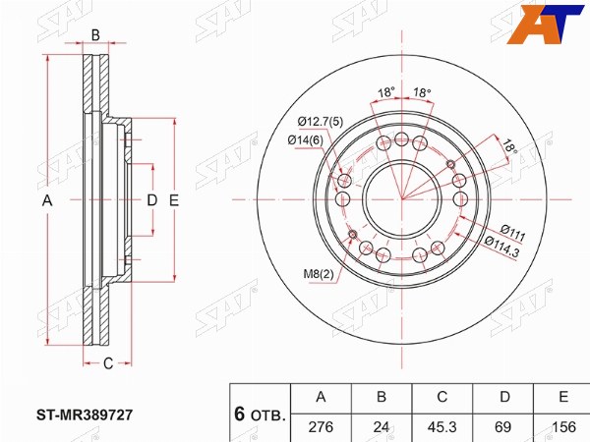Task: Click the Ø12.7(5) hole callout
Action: [321, 122]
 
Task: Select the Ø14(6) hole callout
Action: [306, 140]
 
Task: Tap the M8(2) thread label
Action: [319, 274]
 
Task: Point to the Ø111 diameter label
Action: [513, 233]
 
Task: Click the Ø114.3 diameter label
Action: [502, 247]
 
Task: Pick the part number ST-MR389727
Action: [85, 414]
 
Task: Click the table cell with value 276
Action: [321, 427]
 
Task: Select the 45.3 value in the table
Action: [442, 427]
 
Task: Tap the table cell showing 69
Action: [502, 427]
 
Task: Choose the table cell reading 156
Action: [562, 427]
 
